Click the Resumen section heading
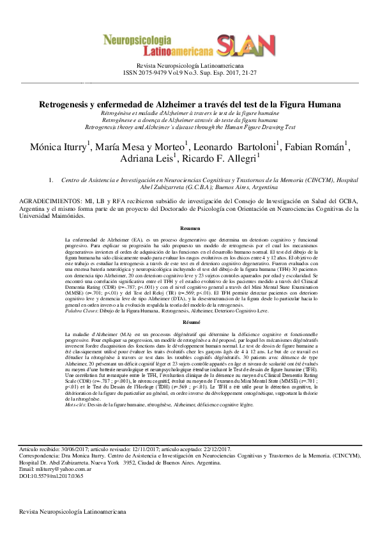[x=190, y=228]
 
